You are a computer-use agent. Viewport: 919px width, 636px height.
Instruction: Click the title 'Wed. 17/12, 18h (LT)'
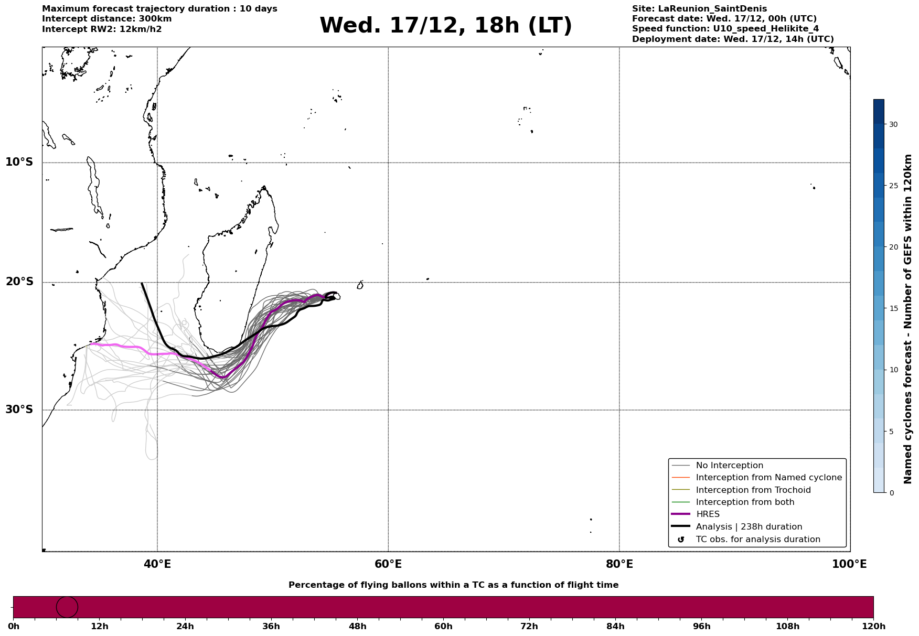point(445,26)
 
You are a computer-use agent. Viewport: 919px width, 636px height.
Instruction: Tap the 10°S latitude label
point(19,162)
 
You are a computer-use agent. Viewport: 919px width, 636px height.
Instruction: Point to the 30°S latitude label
point(19,409)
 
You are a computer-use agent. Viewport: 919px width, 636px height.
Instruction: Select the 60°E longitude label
point(388,564)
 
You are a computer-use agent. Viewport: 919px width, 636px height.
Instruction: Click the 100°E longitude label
point(849,564)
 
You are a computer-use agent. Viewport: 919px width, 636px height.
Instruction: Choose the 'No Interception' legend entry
point(729,466)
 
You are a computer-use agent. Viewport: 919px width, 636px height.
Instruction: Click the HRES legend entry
point(708,514)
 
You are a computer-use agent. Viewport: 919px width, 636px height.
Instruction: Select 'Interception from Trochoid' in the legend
point(753,490)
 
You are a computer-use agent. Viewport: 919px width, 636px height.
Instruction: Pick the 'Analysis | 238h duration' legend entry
point(749,527)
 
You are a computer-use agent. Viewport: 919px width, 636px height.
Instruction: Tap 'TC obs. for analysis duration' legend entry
point(757,540)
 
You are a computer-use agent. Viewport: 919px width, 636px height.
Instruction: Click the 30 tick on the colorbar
point(893,124)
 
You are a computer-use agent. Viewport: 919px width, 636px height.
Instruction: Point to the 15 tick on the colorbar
point(893,308)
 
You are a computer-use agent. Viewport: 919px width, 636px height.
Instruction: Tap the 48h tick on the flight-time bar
point(357,627)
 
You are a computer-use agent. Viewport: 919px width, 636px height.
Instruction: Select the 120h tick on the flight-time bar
point(873,627)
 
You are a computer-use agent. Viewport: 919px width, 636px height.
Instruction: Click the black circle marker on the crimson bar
point(67,607)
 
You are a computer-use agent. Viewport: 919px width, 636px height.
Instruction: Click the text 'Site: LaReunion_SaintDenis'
point(699,9)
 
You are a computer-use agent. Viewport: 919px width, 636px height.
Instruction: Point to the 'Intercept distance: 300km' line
point(107,19)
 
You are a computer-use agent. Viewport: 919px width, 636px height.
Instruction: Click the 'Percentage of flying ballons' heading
point(453,585)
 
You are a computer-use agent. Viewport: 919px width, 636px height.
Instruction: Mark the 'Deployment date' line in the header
point(733,39)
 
